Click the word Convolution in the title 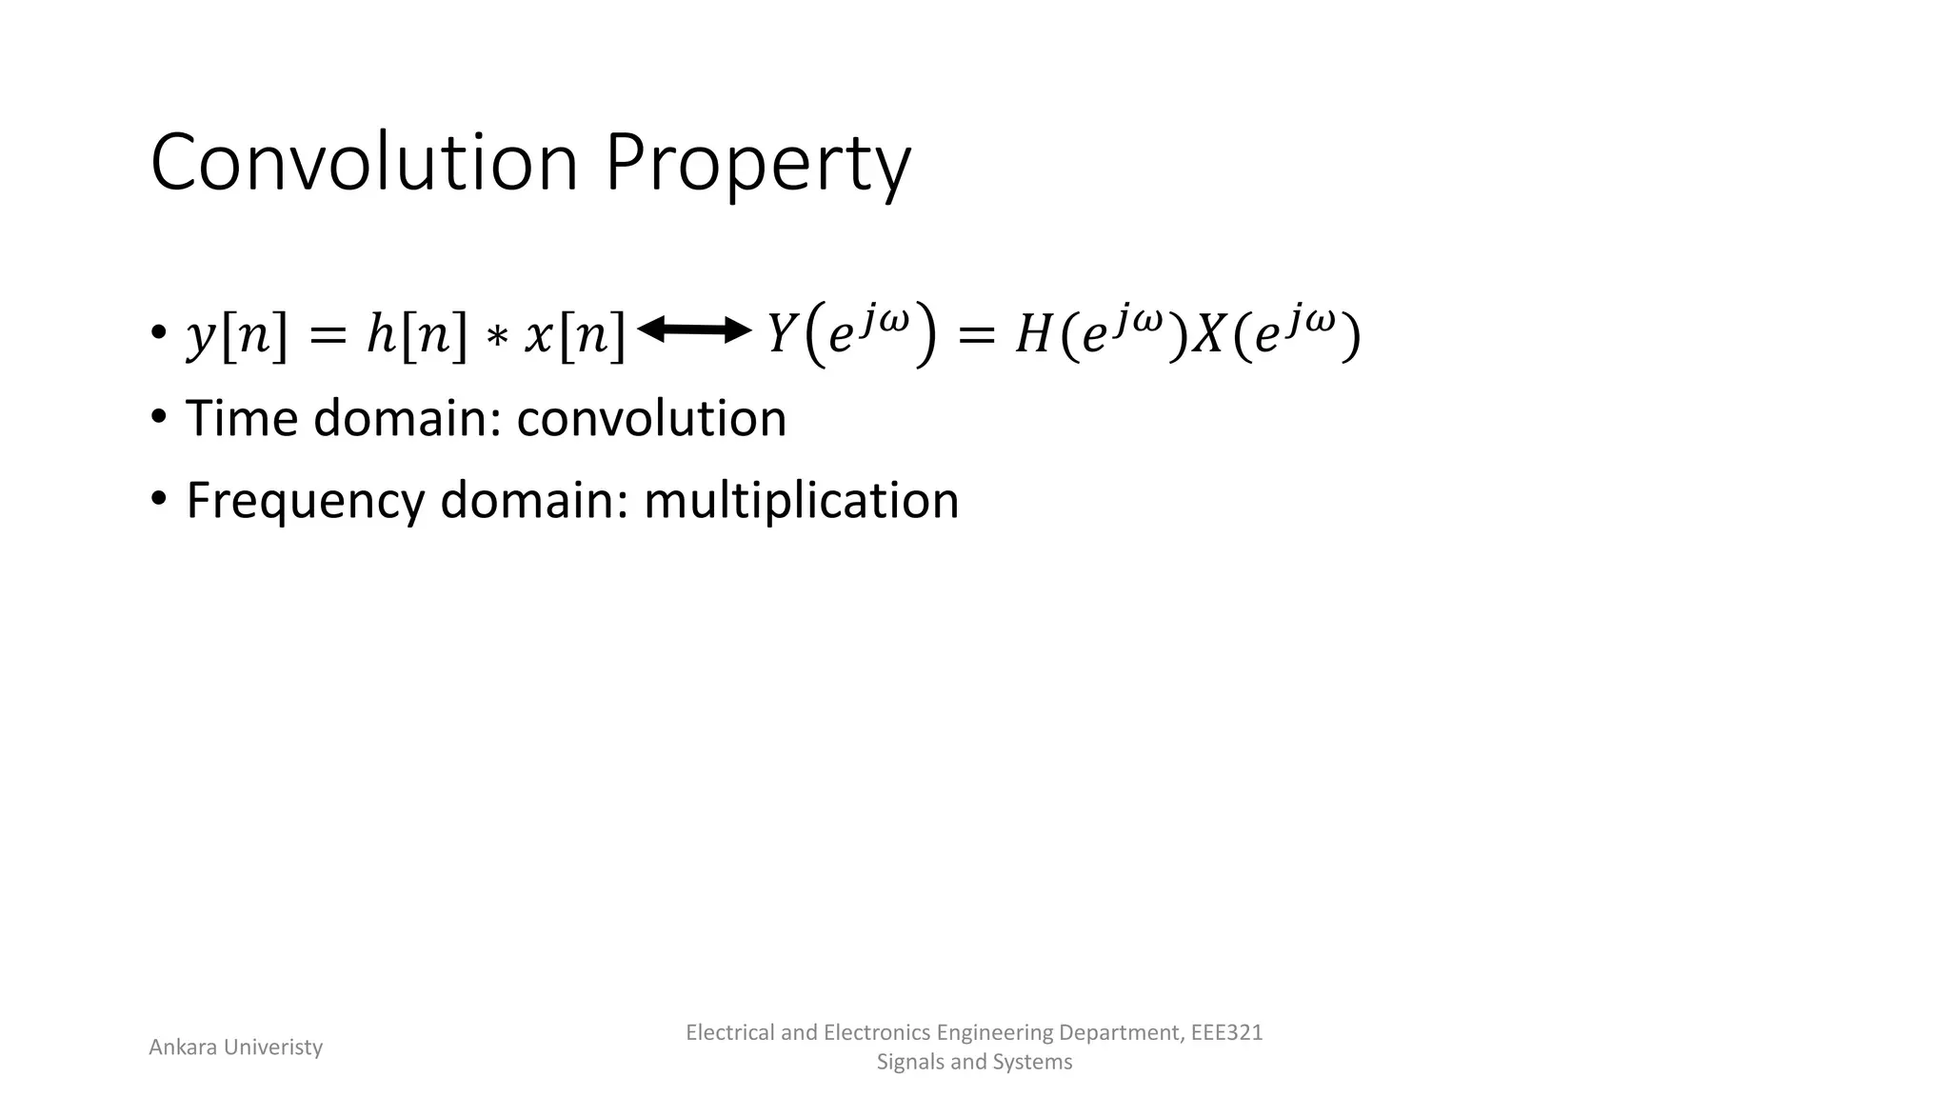[365, 163]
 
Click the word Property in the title [758, 163]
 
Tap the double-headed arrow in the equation [694, 330]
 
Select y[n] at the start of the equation [236, 335]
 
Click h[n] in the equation [417, 335]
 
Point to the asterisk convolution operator [496, 339]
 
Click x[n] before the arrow [575, 335]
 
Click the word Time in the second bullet [243, 418]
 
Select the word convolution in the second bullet [651, 418]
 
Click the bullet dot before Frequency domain [159, 498]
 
